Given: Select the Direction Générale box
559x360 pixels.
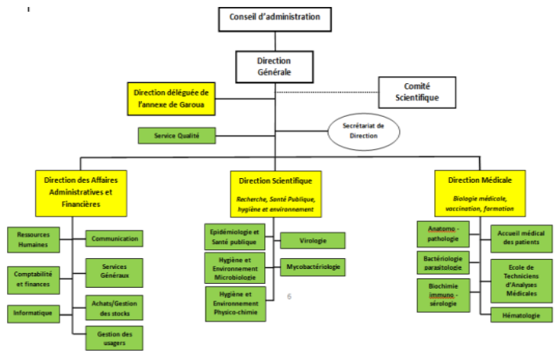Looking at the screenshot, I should [x=274, y=66].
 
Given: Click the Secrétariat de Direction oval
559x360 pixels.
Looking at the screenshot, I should [x=362, y=131].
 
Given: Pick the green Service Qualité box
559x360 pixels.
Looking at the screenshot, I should [x=177, y=135].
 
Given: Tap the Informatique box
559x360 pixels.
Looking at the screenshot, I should [x=32, y=312].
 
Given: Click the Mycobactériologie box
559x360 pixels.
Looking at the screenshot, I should [x=311, y=267].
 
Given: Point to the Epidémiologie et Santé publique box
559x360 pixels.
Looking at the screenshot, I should [x=235, y=238].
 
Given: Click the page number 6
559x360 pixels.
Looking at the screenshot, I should [x=289, y=296].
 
